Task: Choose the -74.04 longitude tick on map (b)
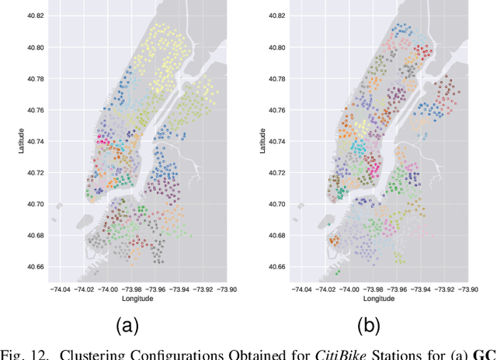pyautogui.click(x=301, y=289)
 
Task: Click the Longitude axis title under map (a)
pyautogui.click(x=140, y=299)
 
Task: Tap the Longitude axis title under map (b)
pyautogui.click(x=381, y=299)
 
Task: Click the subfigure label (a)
pyautogui.click(x=127, y=325)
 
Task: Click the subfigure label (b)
pyautogui.click(x=368, y=325)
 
